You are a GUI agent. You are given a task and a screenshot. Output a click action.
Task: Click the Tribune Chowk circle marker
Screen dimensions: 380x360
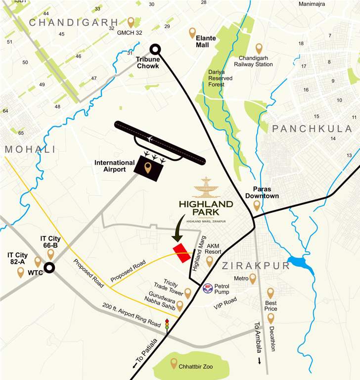point(155,49)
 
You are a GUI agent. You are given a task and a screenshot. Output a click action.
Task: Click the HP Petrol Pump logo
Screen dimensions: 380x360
point(208,287)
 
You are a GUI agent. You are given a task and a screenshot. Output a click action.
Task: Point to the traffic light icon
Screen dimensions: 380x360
point(167,324)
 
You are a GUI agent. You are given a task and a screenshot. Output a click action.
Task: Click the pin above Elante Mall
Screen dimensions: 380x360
point(192,33)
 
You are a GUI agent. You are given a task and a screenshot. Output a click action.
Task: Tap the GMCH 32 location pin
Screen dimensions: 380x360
point(131,22)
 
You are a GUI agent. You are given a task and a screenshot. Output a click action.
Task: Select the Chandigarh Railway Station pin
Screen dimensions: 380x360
point(259,48)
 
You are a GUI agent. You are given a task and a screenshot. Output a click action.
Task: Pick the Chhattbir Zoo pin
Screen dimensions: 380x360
point(174,364)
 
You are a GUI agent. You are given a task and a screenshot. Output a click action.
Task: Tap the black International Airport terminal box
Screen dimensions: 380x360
point(148,167)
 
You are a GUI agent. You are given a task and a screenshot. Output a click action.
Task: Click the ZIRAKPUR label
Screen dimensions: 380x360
point(255,266)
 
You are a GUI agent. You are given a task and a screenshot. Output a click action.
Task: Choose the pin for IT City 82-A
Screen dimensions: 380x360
point(20,272)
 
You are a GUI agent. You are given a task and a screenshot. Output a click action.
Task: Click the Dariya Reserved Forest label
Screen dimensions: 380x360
point(223,78)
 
